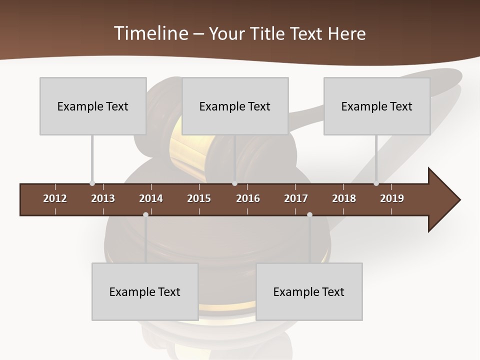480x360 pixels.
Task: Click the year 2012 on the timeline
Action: (x=55, y=198)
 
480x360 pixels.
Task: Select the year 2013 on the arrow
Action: (x=103, y=198)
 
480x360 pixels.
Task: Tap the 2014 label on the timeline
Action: (x=151, y=198)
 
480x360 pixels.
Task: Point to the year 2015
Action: (x=199, y=198)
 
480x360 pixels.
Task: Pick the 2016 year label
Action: (x=248, y=198)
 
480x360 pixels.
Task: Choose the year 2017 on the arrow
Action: (x=296, y=198)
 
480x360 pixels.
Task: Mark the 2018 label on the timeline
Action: (x=344, y=198)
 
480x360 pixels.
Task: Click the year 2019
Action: (x=392, y=198)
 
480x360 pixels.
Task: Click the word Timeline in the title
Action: (x=150, y=33)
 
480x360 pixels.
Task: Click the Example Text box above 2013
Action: (x=93, y=106)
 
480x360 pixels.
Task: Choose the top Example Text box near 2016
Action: (x=235, y=106)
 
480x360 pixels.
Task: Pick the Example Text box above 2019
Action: (x=377, y=106)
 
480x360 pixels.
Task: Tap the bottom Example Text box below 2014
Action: (x=145, y=291)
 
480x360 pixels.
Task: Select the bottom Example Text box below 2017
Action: (x=309, y=291)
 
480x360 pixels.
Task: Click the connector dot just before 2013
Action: (x=92, y=183)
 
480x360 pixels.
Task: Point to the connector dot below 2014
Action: (x=145, y=215)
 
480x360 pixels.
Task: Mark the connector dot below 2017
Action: (x=309, y=215)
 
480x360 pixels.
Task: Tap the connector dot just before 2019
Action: (x=376, y=183)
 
